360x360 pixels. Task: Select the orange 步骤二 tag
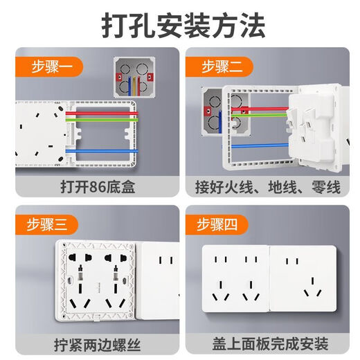point(226,66)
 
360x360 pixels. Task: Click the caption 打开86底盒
point(91,186)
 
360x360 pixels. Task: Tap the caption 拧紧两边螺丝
point(91,343)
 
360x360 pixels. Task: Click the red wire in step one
point(104,109)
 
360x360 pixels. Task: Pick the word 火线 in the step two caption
point(255,186)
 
